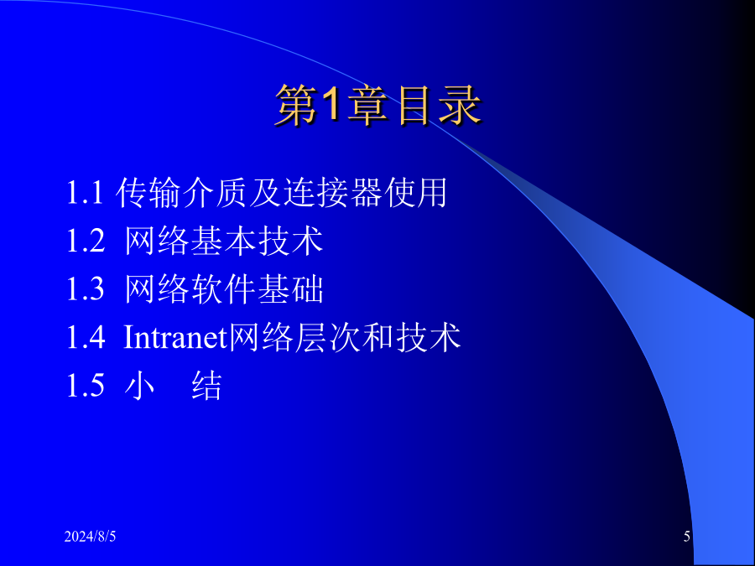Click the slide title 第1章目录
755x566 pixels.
378,106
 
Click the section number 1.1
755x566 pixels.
85,193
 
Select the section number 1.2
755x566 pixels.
86,241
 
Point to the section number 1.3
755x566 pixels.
86,288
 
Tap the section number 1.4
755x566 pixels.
86,337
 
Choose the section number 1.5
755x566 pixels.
86,385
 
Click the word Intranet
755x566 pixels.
175,337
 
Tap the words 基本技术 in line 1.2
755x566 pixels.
257,241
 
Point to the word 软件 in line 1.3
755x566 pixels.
223,288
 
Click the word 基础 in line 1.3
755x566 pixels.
290,288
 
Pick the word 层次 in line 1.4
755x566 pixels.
327,337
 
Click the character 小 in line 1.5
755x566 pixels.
139,385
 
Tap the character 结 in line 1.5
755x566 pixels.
207,385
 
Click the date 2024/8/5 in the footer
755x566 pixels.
90,536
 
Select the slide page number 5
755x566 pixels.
686,536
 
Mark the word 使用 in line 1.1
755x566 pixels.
415,193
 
